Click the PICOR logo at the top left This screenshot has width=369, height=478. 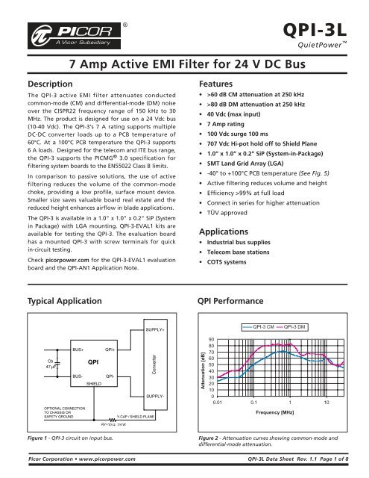point(63,34)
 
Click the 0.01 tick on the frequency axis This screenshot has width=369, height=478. point(216,401)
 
